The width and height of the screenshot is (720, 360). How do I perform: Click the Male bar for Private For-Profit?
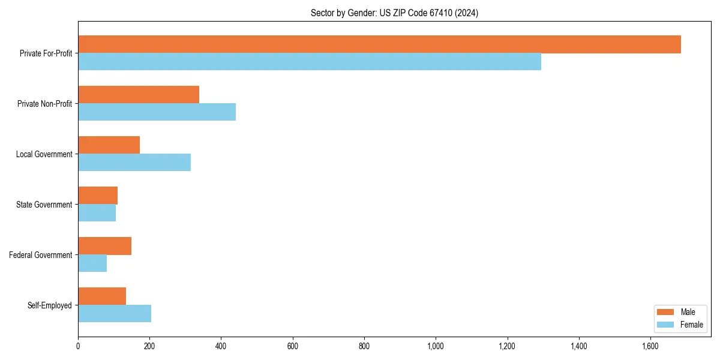[379, 44]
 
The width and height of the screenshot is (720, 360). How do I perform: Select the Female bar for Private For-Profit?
[310, 62]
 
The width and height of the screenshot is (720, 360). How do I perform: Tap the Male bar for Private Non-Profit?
[139, 95]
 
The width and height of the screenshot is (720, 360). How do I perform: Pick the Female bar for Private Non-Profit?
[157, 112]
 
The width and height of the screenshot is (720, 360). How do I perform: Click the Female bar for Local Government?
[134, 163]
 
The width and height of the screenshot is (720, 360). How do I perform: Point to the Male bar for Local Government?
[109, 145]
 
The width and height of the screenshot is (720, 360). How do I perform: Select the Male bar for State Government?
[98, 196]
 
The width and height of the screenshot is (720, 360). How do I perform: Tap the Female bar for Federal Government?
[92, 263]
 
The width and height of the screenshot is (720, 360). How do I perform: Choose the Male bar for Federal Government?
[104, 246]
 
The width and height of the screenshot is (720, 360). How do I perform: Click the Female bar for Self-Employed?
[115, 314]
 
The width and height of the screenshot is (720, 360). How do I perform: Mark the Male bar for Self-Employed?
[102, 296]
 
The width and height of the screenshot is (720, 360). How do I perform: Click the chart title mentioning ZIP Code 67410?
[394, 13]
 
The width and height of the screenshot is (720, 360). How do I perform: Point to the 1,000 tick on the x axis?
[436, 346]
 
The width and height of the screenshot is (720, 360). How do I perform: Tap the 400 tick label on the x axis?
[221, 346]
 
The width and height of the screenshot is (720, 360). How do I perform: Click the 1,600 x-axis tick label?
[650, 346]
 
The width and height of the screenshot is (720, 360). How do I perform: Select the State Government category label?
[44, 205]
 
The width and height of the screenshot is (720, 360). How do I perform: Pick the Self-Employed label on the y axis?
[50, 305]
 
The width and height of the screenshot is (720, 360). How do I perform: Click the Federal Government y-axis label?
[41, 255]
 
